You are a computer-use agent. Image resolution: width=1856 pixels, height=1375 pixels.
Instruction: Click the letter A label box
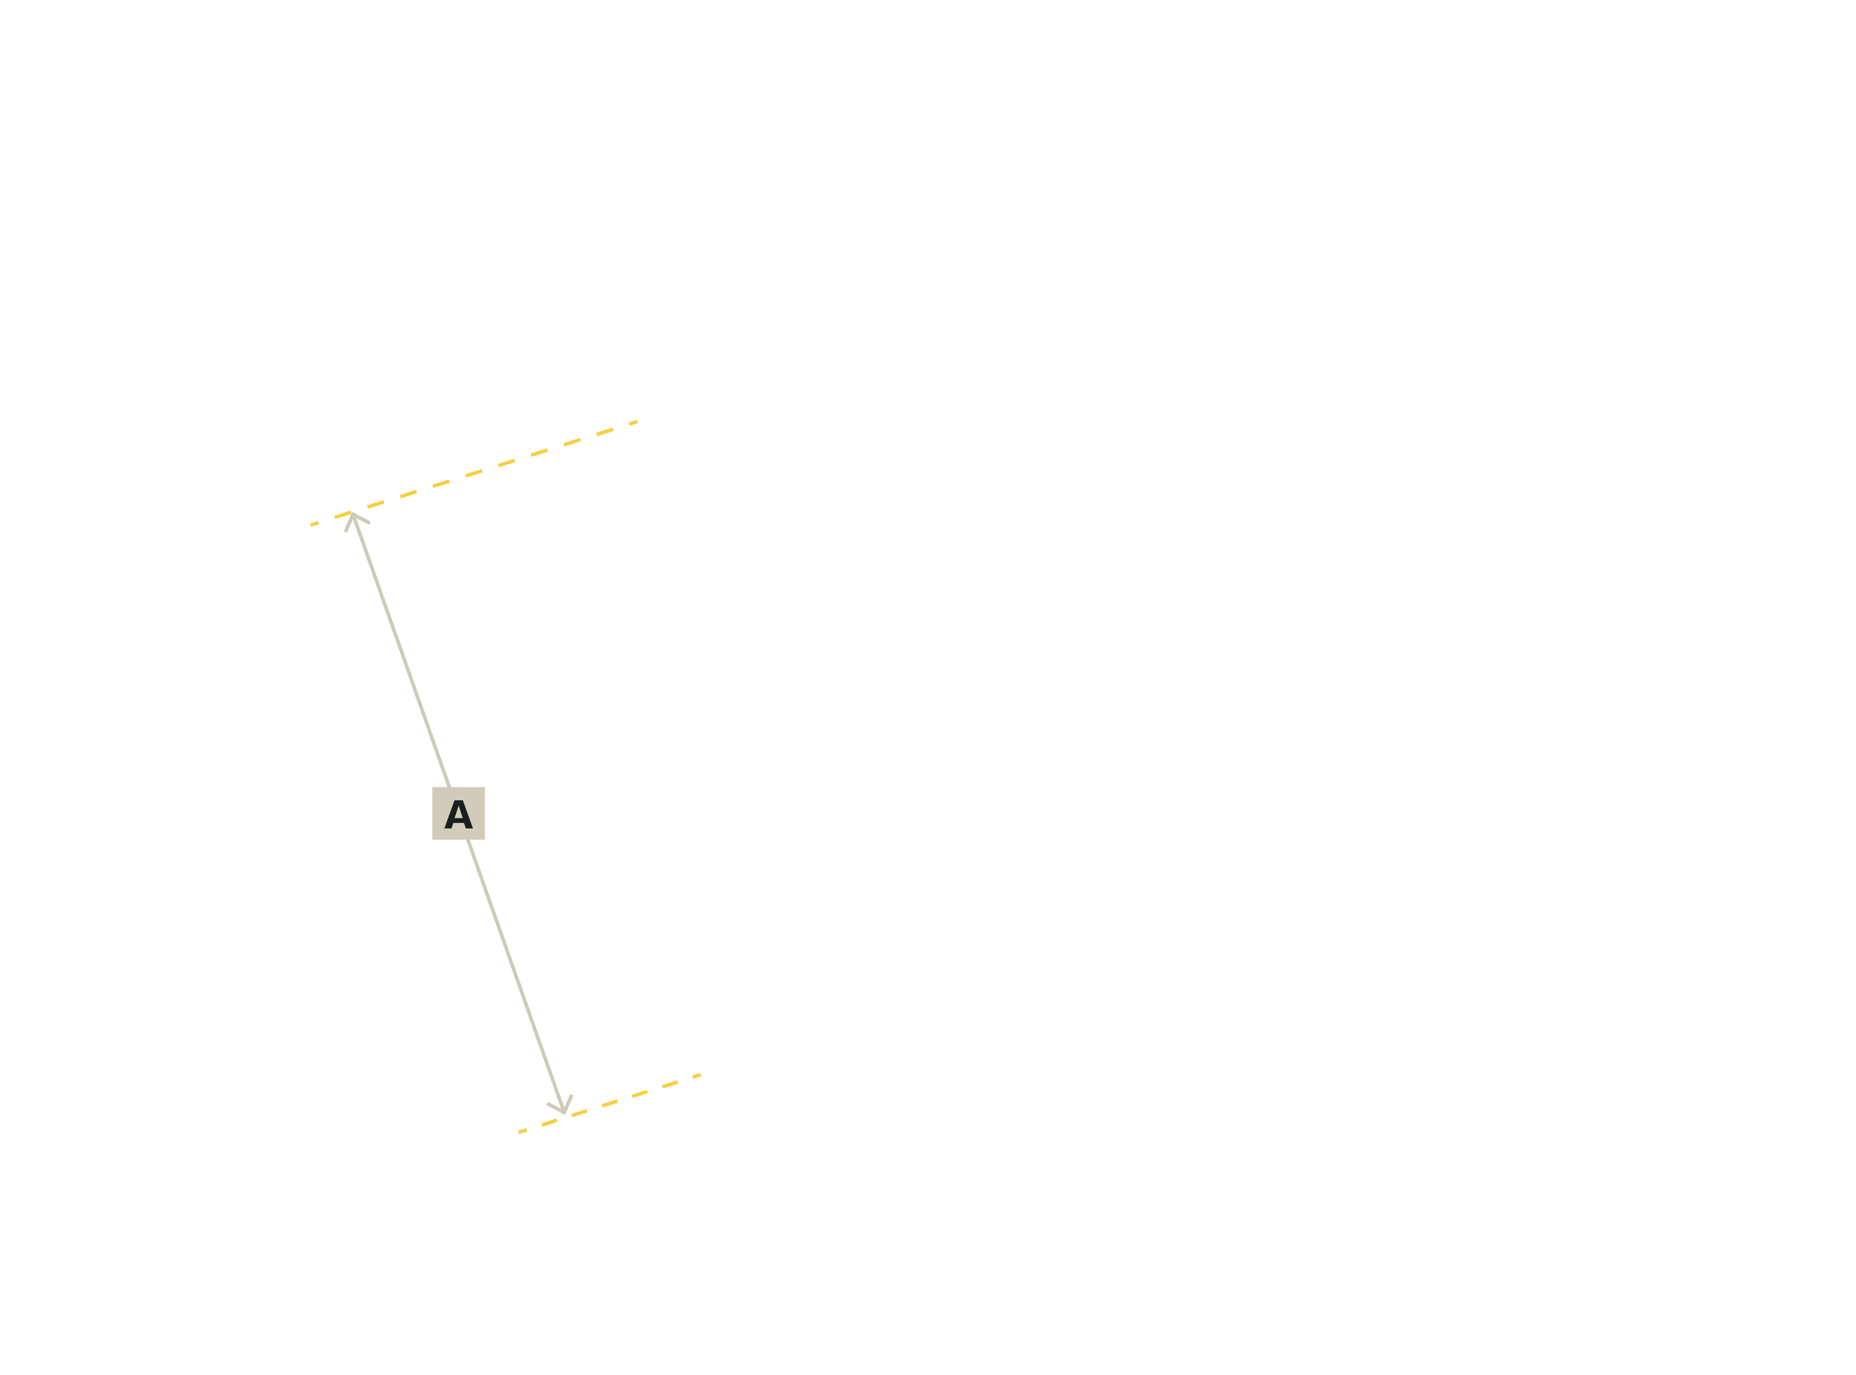[x=458, y=813]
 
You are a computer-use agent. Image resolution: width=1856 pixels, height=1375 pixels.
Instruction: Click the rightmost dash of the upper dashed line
[x=633, y=422]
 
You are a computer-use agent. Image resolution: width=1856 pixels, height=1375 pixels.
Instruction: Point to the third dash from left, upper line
[x=375, y=504]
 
